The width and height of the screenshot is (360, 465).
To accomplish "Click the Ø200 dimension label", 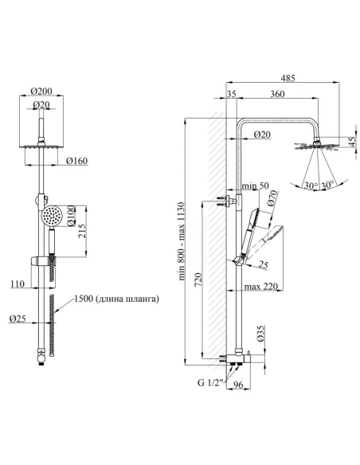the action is click(x=41, y=91).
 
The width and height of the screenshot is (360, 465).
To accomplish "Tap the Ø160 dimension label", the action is click(x=76, y=161).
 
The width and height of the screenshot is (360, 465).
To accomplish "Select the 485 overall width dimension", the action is click(x=288, y=78).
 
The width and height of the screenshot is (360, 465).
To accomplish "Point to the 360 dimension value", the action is click(x=277, y=94).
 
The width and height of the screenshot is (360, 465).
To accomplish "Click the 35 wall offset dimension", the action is click(x=231, y=94).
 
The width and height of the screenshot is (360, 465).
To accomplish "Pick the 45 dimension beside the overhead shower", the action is click(x=352, y=143).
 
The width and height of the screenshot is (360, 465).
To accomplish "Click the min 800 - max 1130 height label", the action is click(x=182, y=241).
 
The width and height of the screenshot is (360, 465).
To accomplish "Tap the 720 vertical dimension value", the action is click(x=198, y=279).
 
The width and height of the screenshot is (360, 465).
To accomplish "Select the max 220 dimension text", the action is click(x=261, y=287).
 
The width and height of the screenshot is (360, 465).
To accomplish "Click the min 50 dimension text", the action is click(x=256, y=186).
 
